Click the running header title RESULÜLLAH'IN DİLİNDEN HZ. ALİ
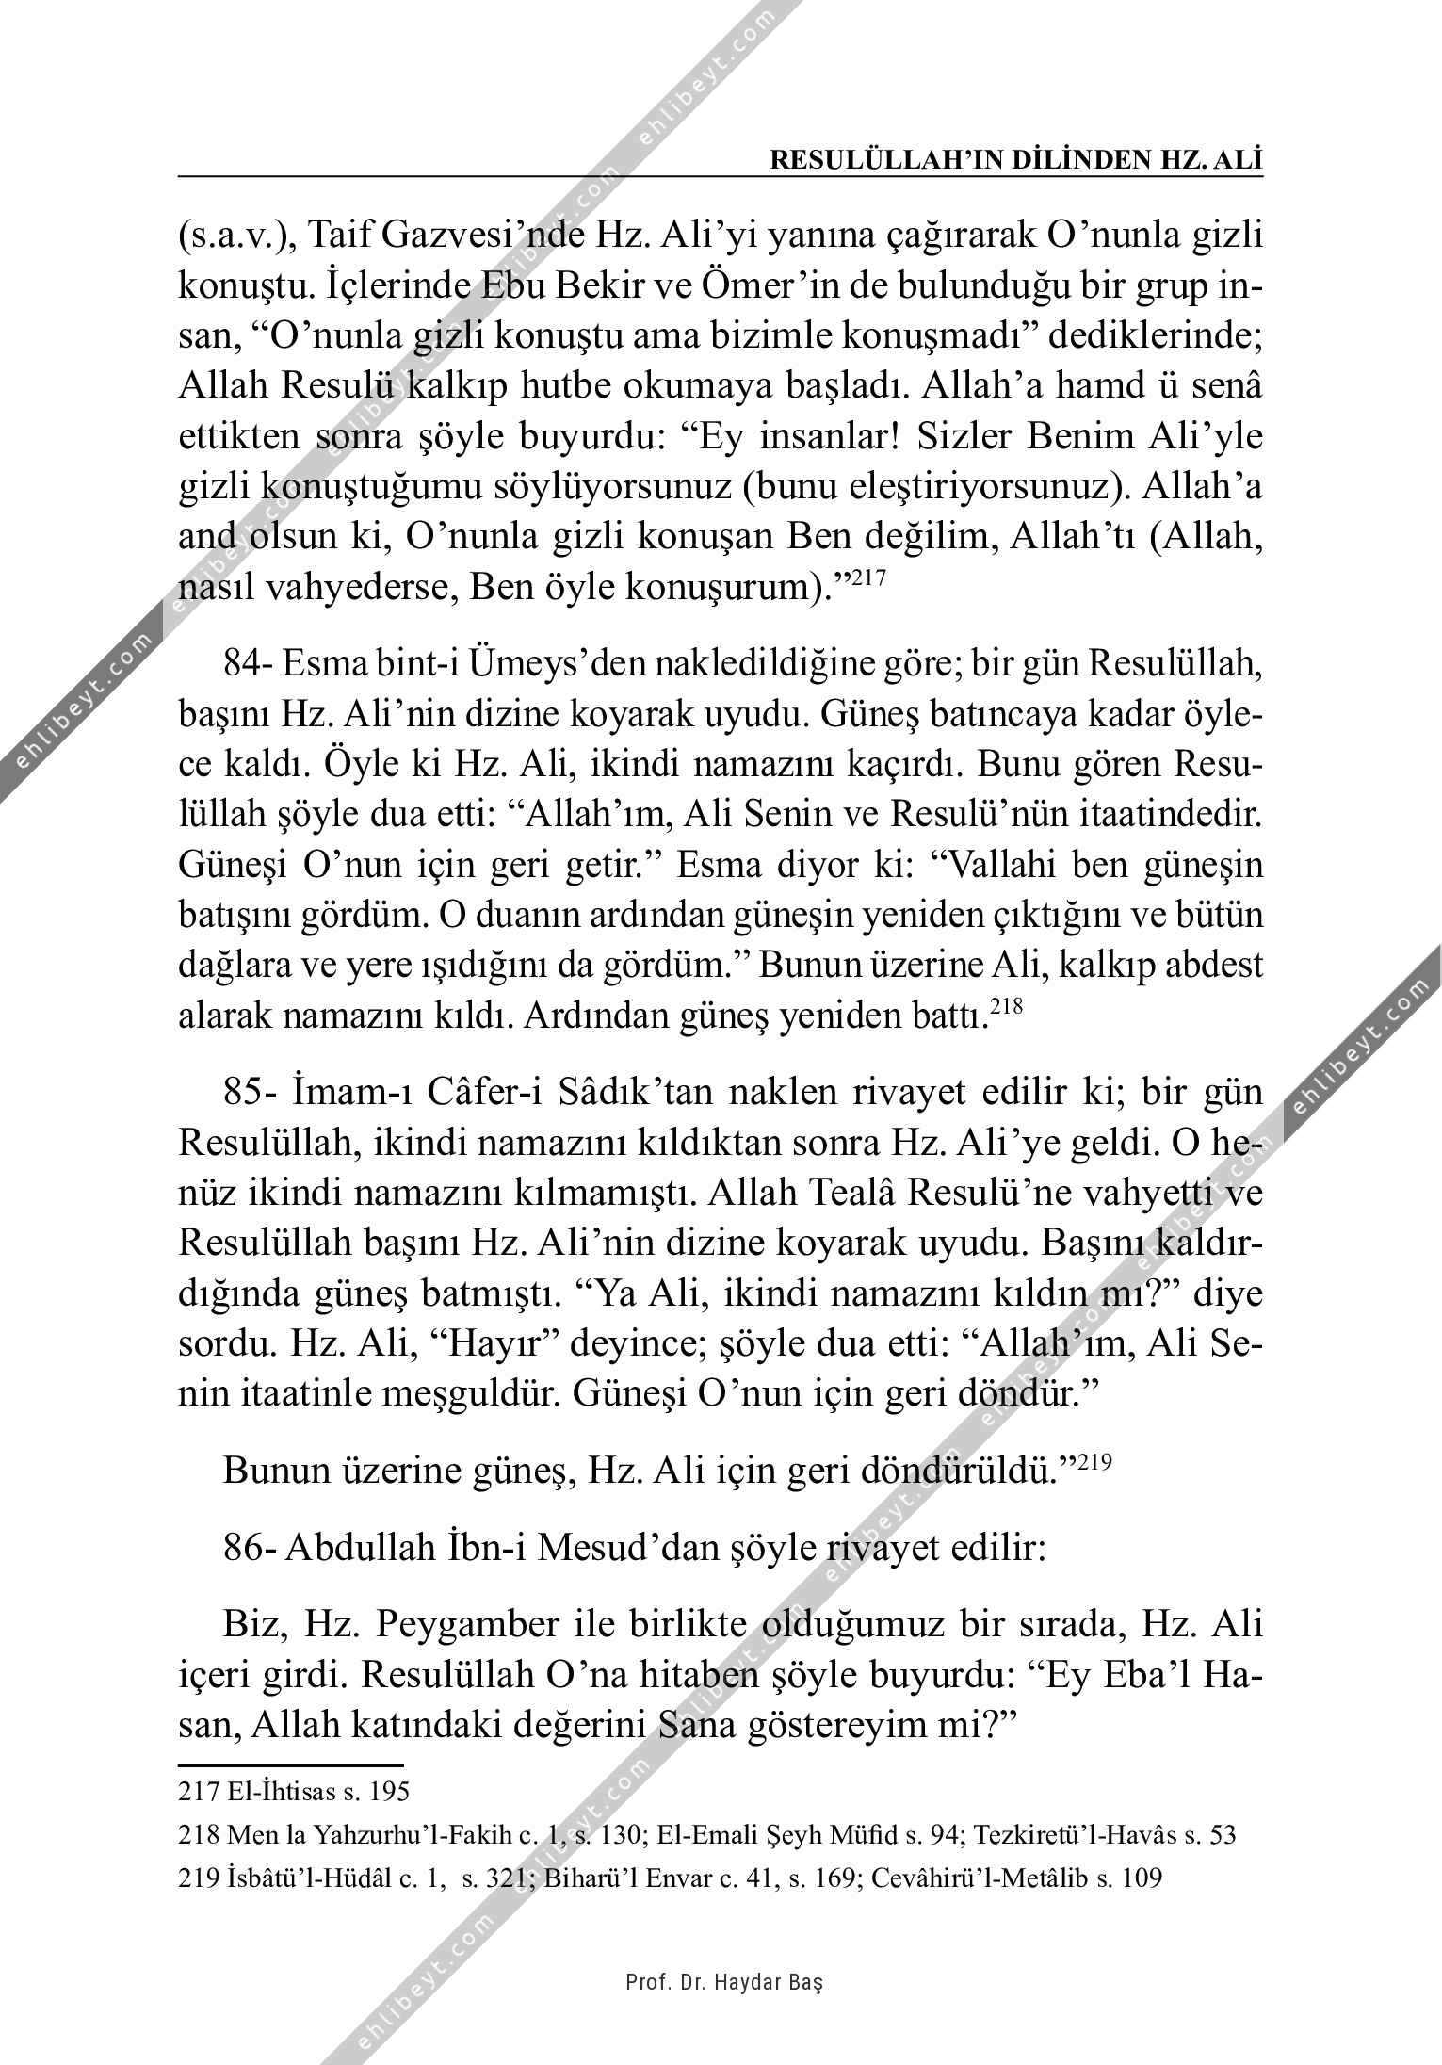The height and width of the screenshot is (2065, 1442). click(x=1015, y=160)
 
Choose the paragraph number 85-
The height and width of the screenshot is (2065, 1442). click(x=249, y=1094)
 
